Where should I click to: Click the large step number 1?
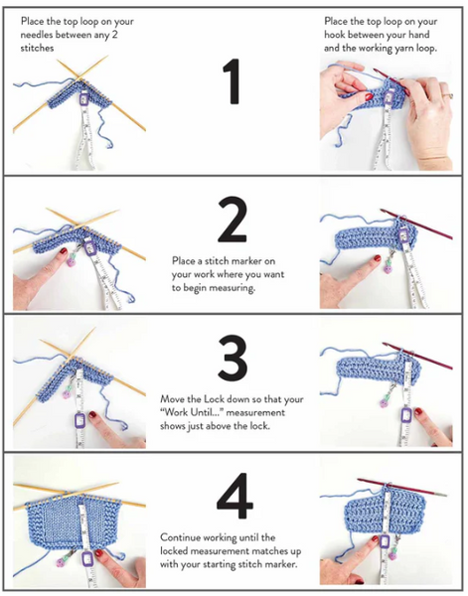pyautogui.click(x=232, y=81)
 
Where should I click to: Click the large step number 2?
pyautogui.click(x=232, y=220)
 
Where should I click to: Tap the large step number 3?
pyautogui.click(x=233, y=358)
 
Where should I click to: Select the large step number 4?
pyautogui.click(x=234, y=496)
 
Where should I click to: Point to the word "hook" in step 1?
pyautogui.click(x=335, y=35)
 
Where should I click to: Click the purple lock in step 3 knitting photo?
pyautogui.click(x=80, y=420)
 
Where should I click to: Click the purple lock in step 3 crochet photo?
pyautogui.click(x=406, y=416)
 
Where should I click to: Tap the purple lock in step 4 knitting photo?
pyautogui.click(x=87, y=558)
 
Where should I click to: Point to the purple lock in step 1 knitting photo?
pyautogui.click(x=83, y=99)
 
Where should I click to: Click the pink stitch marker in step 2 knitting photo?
pyautogui.click(x=72, y=260)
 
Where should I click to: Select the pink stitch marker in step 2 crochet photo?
pyautogui.click(x=388, y=267)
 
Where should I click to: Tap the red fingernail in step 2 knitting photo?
pyautogui.click(x=64, y=251)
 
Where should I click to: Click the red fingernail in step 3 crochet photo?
pyautogui.click(x=418, y=411)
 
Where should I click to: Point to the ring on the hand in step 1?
pyautogui.click(x=448, y=95)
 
